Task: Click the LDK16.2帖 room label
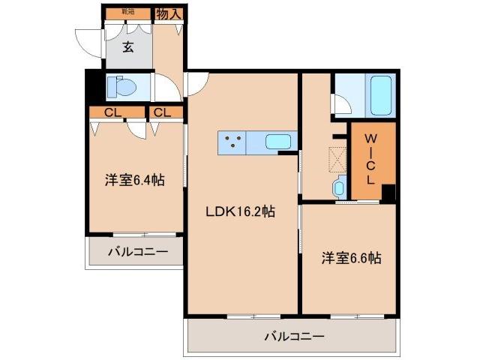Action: click(241, 212)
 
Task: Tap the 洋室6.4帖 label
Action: click(135, 180)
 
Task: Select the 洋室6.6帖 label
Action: click(352, 259)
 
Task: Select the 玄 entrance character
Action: click(128, 47)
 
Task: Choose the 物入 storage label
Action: click(168, 13)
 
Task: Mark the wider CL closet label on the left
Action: click(113, 112)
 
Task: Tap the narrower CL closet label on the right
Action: click(164, 112)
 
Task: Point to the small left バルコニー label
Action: click(136, 251)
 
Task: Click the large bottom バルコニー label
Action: click(294, 337)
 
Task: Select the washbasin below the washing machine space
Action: click(337, 187)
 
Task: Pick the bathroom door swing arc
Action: click(341, 104)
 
